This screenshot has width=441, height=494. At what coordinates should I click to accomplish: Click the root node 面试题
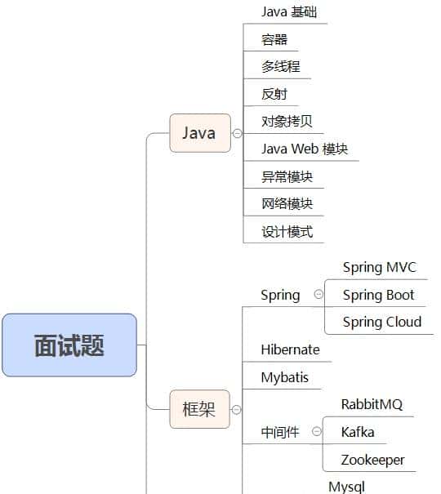pyautogui.click(x=69, y=345)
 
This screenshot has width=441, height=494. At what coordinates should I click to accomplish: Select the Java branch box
pyautogui.click(x=199, y=133)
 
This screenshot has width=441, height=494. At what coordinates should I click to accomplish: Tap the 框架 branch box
pyautogui.click(x=199, y=409)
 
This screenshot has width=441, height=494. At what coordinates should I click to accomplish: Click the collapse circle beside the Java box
pyautogui.click(x=237, y=133)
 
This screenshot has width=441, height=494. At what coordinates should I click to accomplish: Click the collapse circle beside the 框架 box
pyautogui.click(x=237, y=409)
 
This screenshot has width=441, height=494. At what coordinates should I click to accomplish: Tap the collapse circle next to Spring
pyautogui.click(x=318, y=295)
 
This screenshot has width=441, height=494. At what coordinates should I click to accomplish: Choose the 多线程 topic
pyautogui.click(x=275, y=67)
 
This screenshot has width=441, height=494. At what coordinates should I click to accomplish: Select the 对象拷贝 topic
pyautogui.click(x=287, y=122)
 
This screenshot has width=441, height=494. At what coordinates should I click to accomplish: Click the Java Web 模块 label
pyautogui.click(x=305, y=149)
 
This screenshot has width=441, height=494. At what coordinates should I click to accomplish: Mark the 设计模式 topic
pyautogui.click(x=287, y=231)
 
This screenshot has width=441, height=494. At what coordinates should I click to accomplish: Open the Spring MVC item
pyautogui.click(x=379, y=268)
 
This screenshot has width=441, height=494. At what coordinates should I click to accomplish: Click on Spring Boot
pyautogui.click(x=378, y=295)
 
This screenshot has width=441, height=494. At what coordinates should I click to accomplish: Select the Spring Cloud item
pyautogui.click(x=381, y=322)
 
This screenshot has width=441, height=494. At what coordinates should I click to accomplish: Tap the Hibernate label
pyautogui.click(x=290, y=349)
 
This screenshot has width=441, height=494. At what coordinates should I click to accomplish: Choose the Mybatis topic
pyautogui.click(x=285, y=377)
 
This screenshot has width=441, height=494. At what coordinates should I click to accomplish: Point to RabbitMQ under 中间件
pyautogui.click(x=372, y=404)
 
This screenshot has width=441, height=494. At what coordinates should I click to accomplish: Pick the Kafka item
pyautogui.click(x=358, y=432)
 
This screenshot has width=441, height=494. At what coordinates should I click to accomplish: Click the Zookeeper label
pyautogui.click(x=372, y=460)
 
